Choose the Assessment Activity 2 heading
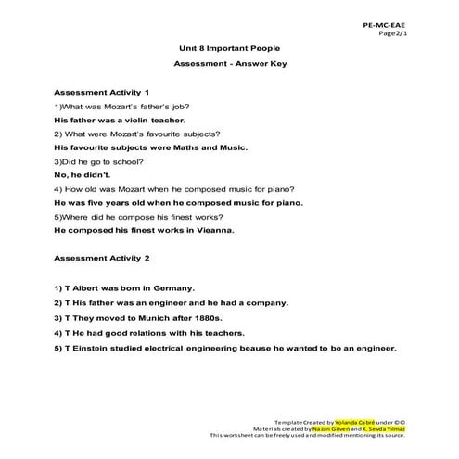(x=103, y=256)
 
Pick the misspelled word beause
(x=249, y=349)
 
